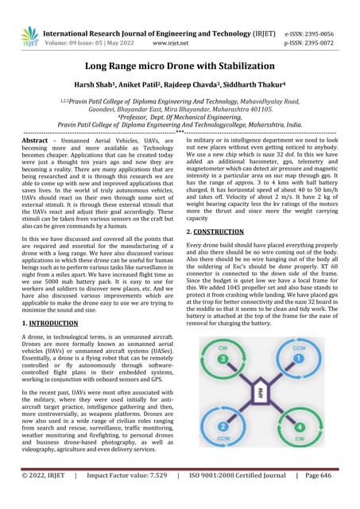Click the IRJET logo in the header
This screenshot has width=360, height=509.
[29, 36]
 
